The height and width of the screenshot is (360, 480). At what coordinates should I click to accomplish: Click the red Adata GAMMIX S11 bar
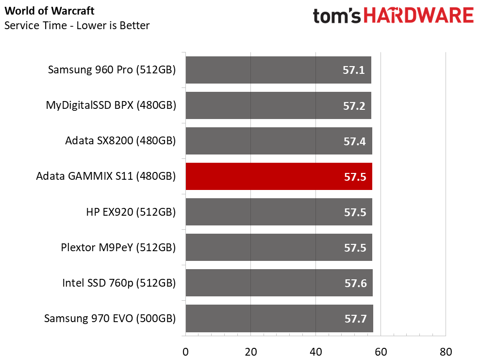(x=279, y=176)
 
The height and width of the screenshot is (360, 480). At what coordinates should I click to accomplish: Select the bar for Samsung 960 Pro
(x=278, y=70)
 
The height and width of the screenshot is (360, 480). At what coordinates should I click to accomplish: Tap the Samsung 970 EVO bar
(x=279, y=319)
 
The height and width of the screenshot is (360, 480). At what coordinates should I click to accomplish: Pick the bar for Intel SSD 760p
(x=279, y=283)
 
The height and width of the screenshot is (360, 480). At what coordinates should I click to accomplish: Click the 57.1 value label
(x=353, y=70)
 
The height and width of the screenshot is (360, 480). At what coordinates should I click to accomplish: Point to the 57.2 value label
(x=354, y=106)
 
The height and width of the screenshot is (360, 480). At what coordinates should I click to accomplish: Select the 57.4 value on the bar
(x=354, y=141)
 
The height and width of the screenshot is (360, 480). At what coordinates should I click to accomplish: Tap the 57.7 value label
(x=355, y=319)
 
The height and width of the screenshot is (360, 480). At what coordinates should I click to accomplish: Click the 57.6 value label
(x=355, y=283)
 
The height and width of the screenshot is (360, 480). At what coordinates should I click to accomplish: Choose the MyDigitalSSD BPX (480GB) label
(x=111, y=105)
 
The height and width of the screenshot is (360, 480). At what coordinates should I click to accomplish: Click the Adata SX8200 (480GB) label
(x=120, y=141)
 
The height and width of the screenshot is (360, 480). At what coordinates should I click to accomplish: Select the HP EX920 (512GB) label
(x=131, y=212)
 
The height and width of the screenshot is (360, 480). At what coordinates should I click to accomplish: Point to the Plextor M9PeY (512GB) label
(x=118, y=247)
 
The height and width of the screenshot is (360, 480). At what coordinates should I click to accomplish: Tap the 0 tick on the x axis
(x=185, y=351)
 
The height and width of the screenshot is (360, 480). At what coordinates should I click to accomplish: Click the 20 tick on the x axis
(x=250, y=351)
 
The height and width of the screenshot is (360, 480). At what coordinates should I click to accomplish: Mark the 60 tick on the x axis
(x=381, y=351)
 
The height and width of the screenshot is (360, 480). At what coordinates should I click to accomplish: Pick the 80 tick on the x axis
(x=446, y=351)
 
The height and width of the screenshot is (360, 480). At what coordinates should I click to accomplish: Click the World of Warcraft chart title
(x=50, y=11)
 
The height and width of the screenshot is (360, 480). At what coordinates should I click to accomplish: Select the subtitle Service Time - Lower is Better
(x=77, y=25)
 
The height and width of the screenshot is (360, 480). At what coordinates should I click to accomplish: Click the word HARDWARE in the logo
(x=419, y=16)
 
